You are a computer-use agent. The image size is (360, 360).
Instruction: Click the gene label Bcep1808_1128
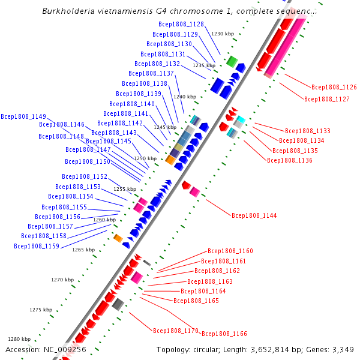tap(181, 25)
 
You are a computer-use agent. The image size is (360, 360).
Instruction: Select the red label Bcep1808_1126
tap(334, 87)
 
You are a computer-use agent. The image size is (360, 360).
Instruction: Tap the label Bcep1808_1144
tap(254, 215)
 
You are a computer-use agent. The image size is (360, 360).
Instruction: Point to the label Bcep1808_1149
tap(23, 116)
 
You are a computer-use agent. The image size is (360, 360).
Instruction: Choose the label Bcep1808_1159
tap(37, 246)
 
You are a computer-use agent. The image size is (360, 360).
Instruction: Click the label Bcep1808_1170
tap(175, 331)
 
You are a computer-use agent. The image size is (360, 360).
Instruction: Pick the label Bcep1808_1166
tap(224, 334)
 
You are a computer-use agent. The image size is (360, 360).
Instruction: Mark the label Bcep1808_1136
tap(289, 160)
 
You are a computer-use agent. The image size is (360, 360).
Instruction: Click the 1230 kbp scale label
tap(222, 34)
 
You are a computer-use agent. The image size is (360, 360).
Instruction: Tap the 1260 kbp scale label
tap(104, 220)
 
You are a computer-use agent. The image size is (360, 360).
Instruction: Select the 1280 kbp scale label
tap(19, 339)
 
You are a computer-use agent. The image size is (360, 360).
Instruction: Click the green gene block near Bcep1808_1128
tap(232, 61)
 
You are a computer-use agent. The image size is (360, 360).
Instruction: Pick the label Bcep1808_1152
tap(85, 176)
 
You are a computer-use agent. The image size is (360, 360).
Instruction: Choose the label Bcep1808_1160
tap(230, 251)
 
